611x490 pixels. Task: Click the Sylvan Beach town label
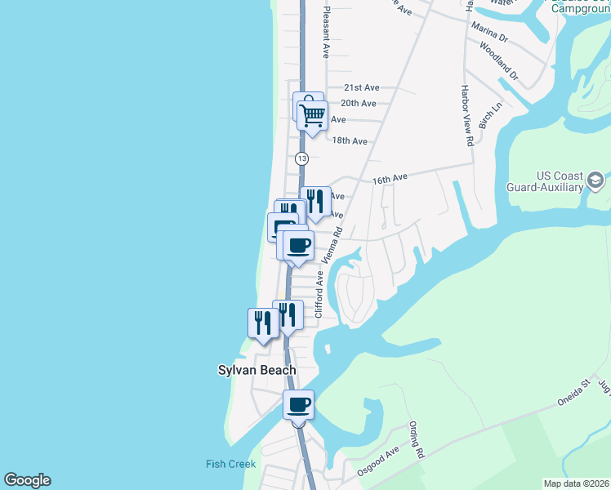coord(256,370)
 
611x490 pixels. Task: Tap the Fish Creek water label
coord(230,464)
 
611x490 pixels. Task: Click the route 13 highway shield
coord(302,158)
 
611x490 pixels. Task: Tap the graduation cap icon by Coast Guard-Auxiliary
coord(596,180)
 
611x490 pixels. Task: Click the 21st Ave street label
coord(361,87)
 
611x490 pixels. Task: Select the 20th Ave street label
coord(358,103)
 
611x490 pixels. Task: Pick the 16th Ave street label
coord(390,178)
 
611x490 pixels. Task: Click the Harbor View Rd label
coord(468,115)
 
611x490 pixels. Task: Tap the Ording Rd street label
coord(417,442)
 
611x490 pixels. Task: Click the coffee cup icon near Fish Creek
coord(298,405)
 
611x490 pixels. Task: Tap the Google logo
coord(27,480)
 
